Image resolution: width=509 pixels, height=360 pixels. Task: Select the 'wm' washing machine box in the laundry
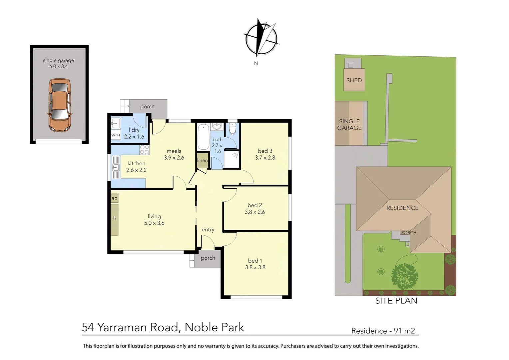coord(116,135)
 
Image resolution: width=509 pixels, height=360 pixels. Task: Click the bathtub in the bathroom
coord(203,137)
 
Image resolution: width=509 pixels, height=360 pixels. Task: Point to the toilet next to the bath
coord(233,128)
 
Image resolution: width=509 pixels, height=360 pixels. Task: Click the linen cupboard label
coord(202,160)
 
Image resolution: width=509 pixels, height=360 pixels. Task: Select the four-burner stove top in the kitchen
coord(145,150)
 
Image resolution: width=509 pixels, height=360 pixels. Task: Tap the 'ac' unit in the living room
coord(114,198)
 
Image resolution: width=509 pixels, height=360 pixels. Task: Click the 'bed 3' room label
coord(265,151)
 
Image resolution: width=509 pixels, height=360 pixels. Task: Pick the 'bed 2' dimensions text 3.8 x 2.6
coord(255,212)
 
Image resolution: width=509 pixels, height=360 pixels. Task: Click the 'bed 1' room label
coord(255,261)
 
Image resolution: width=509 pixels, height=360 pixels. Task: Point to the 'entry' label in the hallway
coord(208,230)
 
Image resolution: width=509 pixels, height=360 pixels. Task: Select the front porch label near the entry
coord(208,258)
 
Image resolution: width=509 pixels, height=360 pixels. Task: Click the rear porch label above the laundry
coord(147,106)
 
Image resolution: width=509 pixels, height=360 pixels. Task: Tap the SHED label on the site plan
coord(354,80)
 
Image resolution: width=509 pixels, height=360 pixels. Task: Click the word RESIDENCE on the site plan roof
coord(402,208)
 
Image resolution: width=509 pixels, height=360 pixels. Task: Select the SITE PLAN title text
coord(396,301)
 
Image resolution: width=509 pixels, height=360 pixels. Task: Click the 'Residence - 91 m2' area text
coord(383,331)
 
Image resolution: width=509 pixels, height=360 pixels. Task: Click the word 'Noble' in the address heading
coord(199,327)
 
